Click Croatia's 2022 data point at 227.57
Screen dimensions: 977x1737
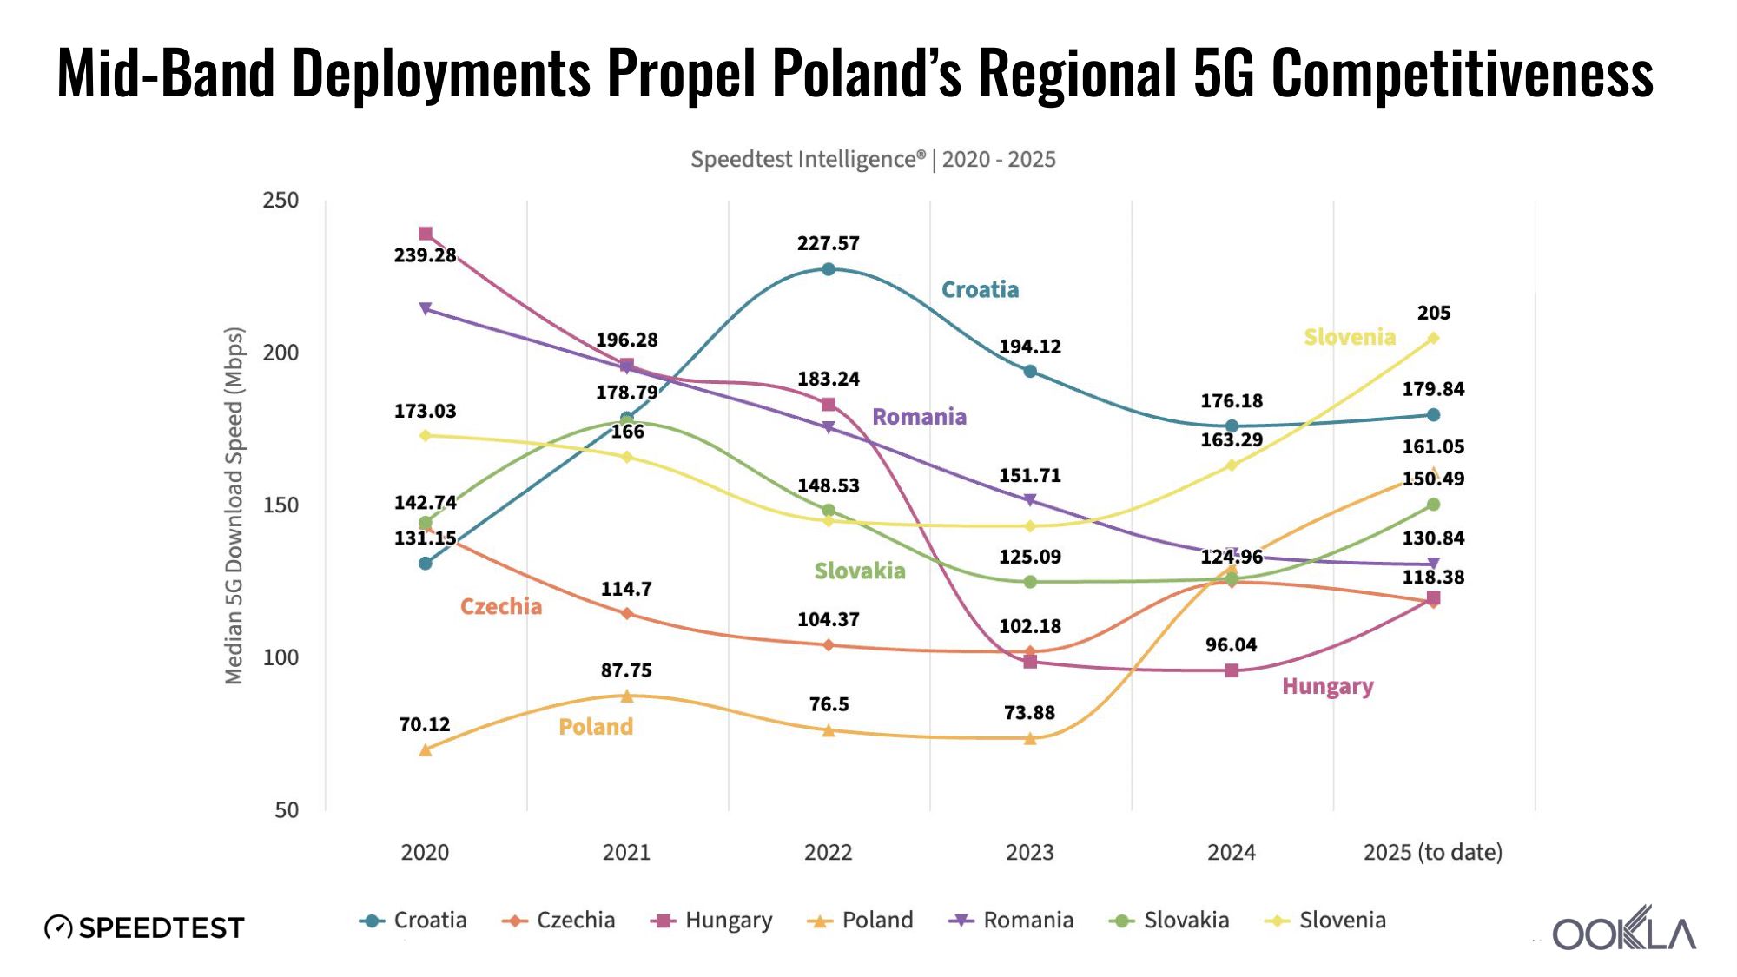click(x=828, y=269)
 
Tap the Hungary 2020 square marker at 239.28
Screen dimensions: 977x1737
click(x=426, y=234)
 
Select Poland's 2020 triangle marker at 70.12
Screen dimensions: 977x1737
click(x=426, y=749)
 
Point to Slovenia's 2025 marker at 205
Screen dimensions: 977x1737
click(x=1433, y=338)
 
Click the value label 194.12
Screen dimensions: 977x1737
click(x=1029, y=347)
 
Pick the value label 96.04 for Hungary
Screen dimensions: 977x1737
click(x=1231, y=644)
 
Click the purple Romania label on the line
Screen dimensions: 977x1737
click(x=919, y=417)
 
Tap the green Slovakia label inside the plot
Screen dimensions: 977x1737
click(x=859, y=571)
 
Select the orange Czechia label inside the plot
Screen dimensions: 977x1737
click(x=500, y=606)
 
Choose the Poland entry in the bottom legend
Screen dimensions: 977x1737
click(x=861, y=921)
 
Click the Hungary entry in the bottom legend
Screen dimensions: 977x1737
click(x=711, y=921)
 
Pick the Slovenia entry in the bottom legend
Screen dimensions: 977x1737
click(x=1325, y=921)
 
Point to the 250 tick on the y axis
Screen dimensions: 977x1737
click(x=281, y=201)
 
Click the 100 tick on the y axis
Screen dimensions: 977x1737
click(x=281, y=657)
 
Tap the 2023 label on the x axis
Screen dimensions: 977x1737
click(x=1029, y=852)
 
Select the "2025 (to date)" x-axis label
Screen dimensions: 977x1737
click(x=1432, y=852)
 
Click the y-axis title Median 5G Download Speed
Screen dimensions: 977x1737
click(x=234, y=505)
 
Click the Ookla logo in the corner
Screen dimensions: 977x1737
click(x=1623, y=929)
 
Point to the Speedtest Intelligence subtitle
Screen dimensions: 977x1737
click(x=873, y=160)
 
